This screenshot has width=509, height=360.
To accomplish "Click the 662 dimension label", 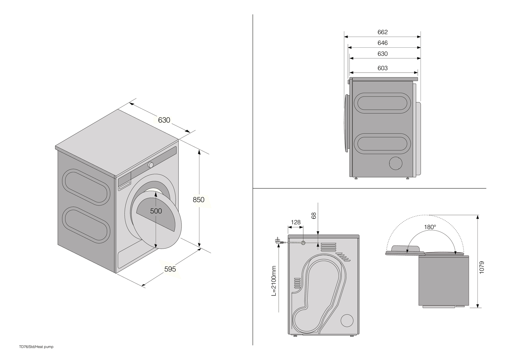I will (x=382, y=32).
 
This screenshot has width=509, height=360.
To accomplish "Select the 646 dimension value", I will (x=382, y=43).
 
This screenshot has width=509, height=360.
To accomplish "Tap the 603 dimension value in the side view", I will (x=382, y=68).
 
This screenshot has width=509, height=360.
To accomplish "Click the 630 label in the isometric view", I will (x=164, y=120).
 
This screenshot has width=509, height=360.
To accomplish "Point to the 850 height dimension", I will (x=199, y=199).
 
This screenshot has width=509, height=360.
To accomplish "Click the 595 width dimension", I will (x=170, y=269).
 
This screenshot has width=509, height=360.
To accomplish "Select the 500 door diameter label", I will (x=156, y=211).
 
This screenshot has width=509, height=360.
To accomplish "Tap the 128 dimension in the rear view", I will (x=296, y=222).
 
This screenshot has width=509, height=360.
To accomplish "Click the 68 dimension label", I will (x=314, y=216).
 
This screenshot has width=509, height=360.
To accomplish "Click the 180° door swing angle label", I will (x=430, y=227).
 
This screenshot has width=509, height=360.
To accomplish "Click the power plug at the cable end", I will (x=278, y=241).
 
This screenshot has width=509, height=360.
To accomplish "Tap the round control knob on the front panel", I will (x=151, y=165).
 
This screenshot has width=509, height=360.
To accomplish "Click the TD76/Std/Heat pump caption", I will (x=36, y=347).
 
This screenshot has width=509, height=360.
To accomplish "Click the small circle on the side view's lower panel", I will (x=396, y=163).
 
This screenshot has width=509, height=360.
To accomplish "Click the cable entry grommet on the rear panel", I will (x=303, y=243).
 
